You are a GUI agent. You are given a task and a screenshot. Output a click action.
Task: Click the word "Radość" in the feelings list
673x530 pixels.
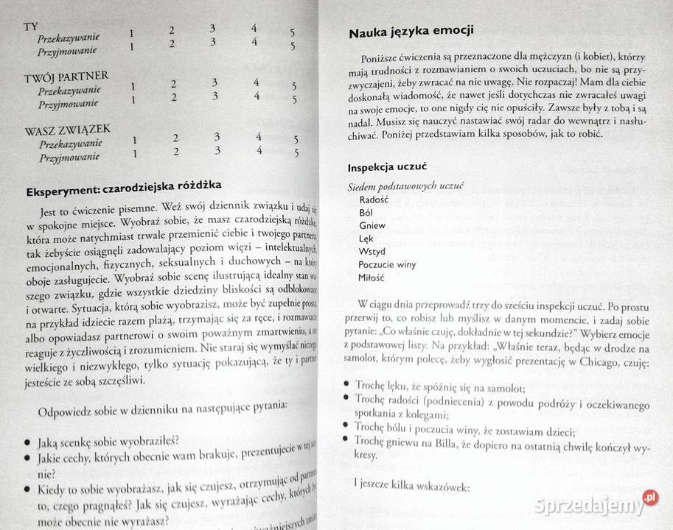tap(375, 199)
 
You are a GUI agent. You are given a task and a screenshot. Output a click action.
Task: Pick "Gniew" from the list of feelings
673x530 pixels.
tap(372, 225)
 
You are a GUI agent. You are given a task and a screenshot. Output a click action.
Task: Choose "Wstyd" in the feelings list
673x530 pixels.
tap(373, 251)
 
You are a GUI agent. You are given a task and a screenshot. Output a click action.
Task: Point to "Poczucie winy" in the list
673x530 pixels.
tap(388, 264)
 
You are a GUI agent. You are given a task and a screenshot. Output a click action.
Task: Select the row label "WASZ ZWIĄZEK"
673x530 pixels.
tap(68, 130)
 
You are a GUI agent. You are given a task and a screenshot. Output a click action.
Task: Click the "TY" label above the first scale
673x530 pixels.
tap(30, 27)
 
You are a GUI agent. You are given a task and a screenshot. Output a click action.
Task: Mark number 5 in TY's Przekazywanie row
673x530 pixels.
tap(292, 33)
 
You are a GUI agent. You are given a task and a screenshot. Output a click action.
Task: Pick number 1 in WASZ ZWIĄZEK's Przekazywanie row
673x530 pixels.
tap(135, 140)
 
